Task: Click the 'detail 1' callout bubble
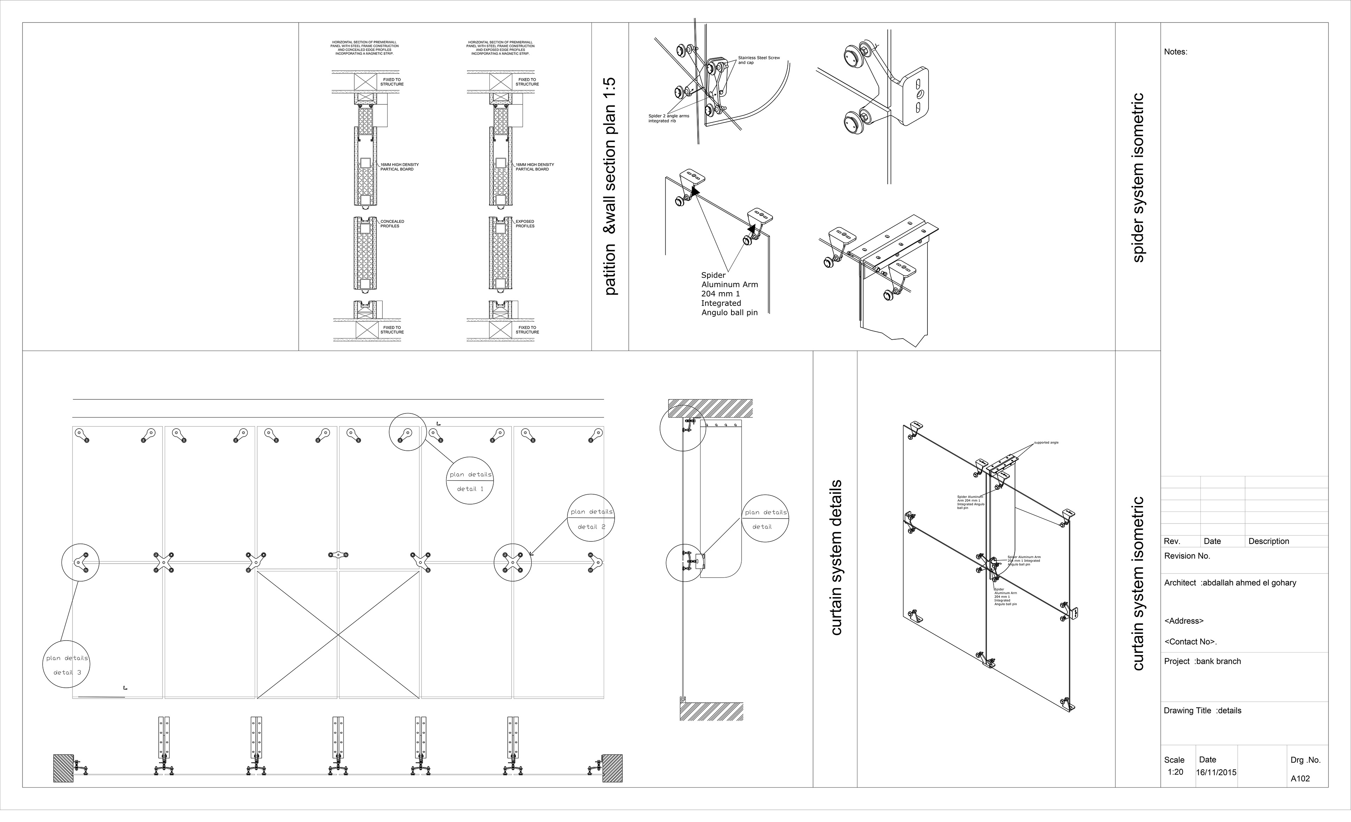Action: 470,481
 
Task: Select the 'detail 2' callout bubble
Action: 591,518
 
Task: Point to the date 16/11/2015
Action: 1216,772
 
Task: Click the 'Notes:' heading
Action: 1175,52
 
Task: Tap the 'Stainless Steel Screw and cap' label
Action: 758,60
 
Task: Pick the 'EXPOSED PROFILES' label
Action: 525,224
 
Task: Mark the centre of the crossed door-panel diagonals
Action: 338,635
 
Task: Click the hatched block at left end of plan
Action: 63,768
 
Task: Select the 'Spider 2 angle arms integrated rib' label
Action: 668,118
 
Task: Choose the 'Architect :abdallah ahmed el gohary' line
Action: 1230,583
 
